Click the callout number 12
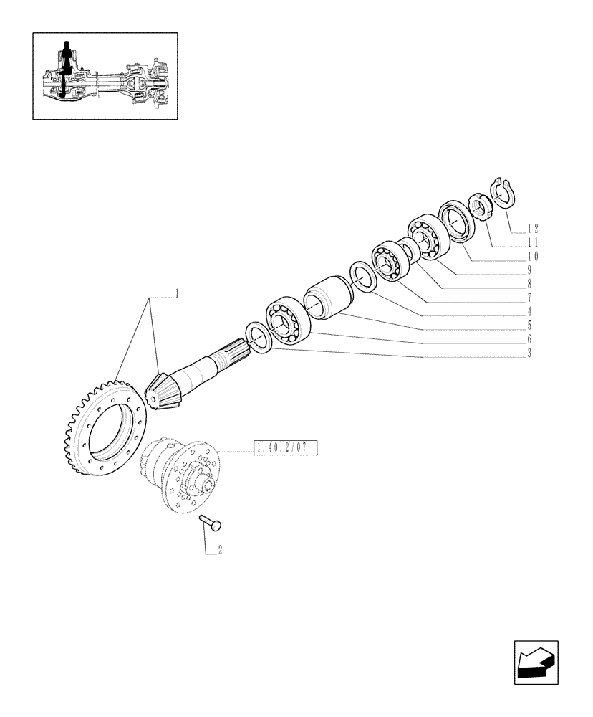pos(532,229)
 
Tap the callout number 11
pos(532,242)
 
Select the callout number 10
pos(532,256)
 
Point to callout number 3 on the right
pos(529,353)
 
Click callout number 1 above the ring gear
pos(176,293)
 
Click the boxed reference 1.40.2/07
pos(284,450)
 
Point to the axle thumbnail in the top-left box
pos(105,75)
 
